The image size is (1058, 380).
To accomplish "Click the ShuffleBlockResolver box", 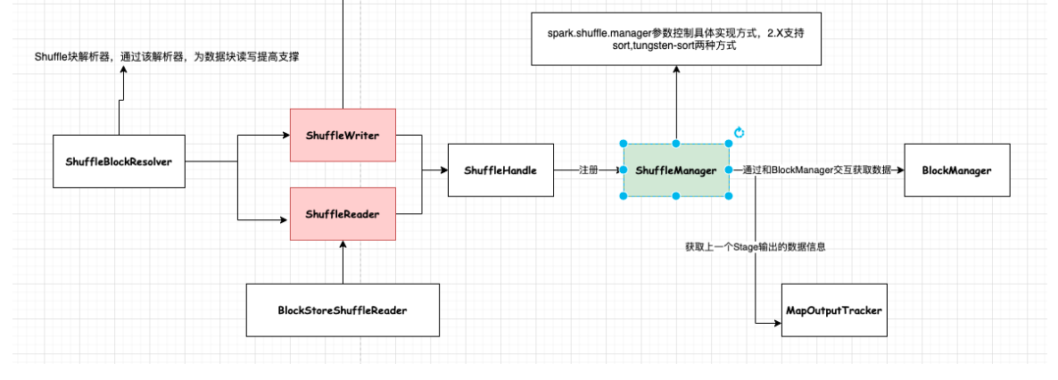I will (119, 161).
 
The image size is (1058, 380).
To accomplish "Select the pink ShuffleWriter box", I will (343, 136).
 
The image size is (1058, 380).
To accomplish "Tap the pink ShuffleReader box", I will (343, 214).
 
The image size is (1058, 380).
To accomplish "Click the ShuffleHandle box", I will (500, 169).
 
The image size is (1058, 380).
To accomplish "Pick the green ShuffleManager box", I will (676, 169).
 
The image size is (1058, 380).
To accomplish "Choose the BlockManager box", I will (957, 169).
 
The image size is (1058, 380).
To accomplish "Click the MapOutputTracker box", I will (834, 310).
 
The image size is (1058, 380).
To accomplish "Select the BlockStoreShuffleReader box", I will (343, 310).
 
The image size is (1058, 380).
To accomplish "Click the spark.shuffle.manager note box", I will (676, 39).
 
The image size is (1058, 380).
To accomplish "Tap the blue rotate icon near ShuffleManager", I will (739, 133).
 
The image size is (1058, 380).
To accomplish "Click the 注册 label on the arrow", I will (588, 169).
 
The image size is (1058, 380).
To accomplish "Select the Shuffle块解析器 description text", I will (166, 57).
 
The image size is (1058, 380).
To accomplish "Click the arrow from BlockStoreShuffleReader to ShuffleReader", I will (343, 263).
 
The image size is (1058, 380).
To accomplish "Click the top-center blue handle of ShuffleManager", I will (676, 143).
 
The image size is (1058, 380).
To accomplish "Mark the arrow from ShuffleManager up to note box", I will (676, 103).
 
